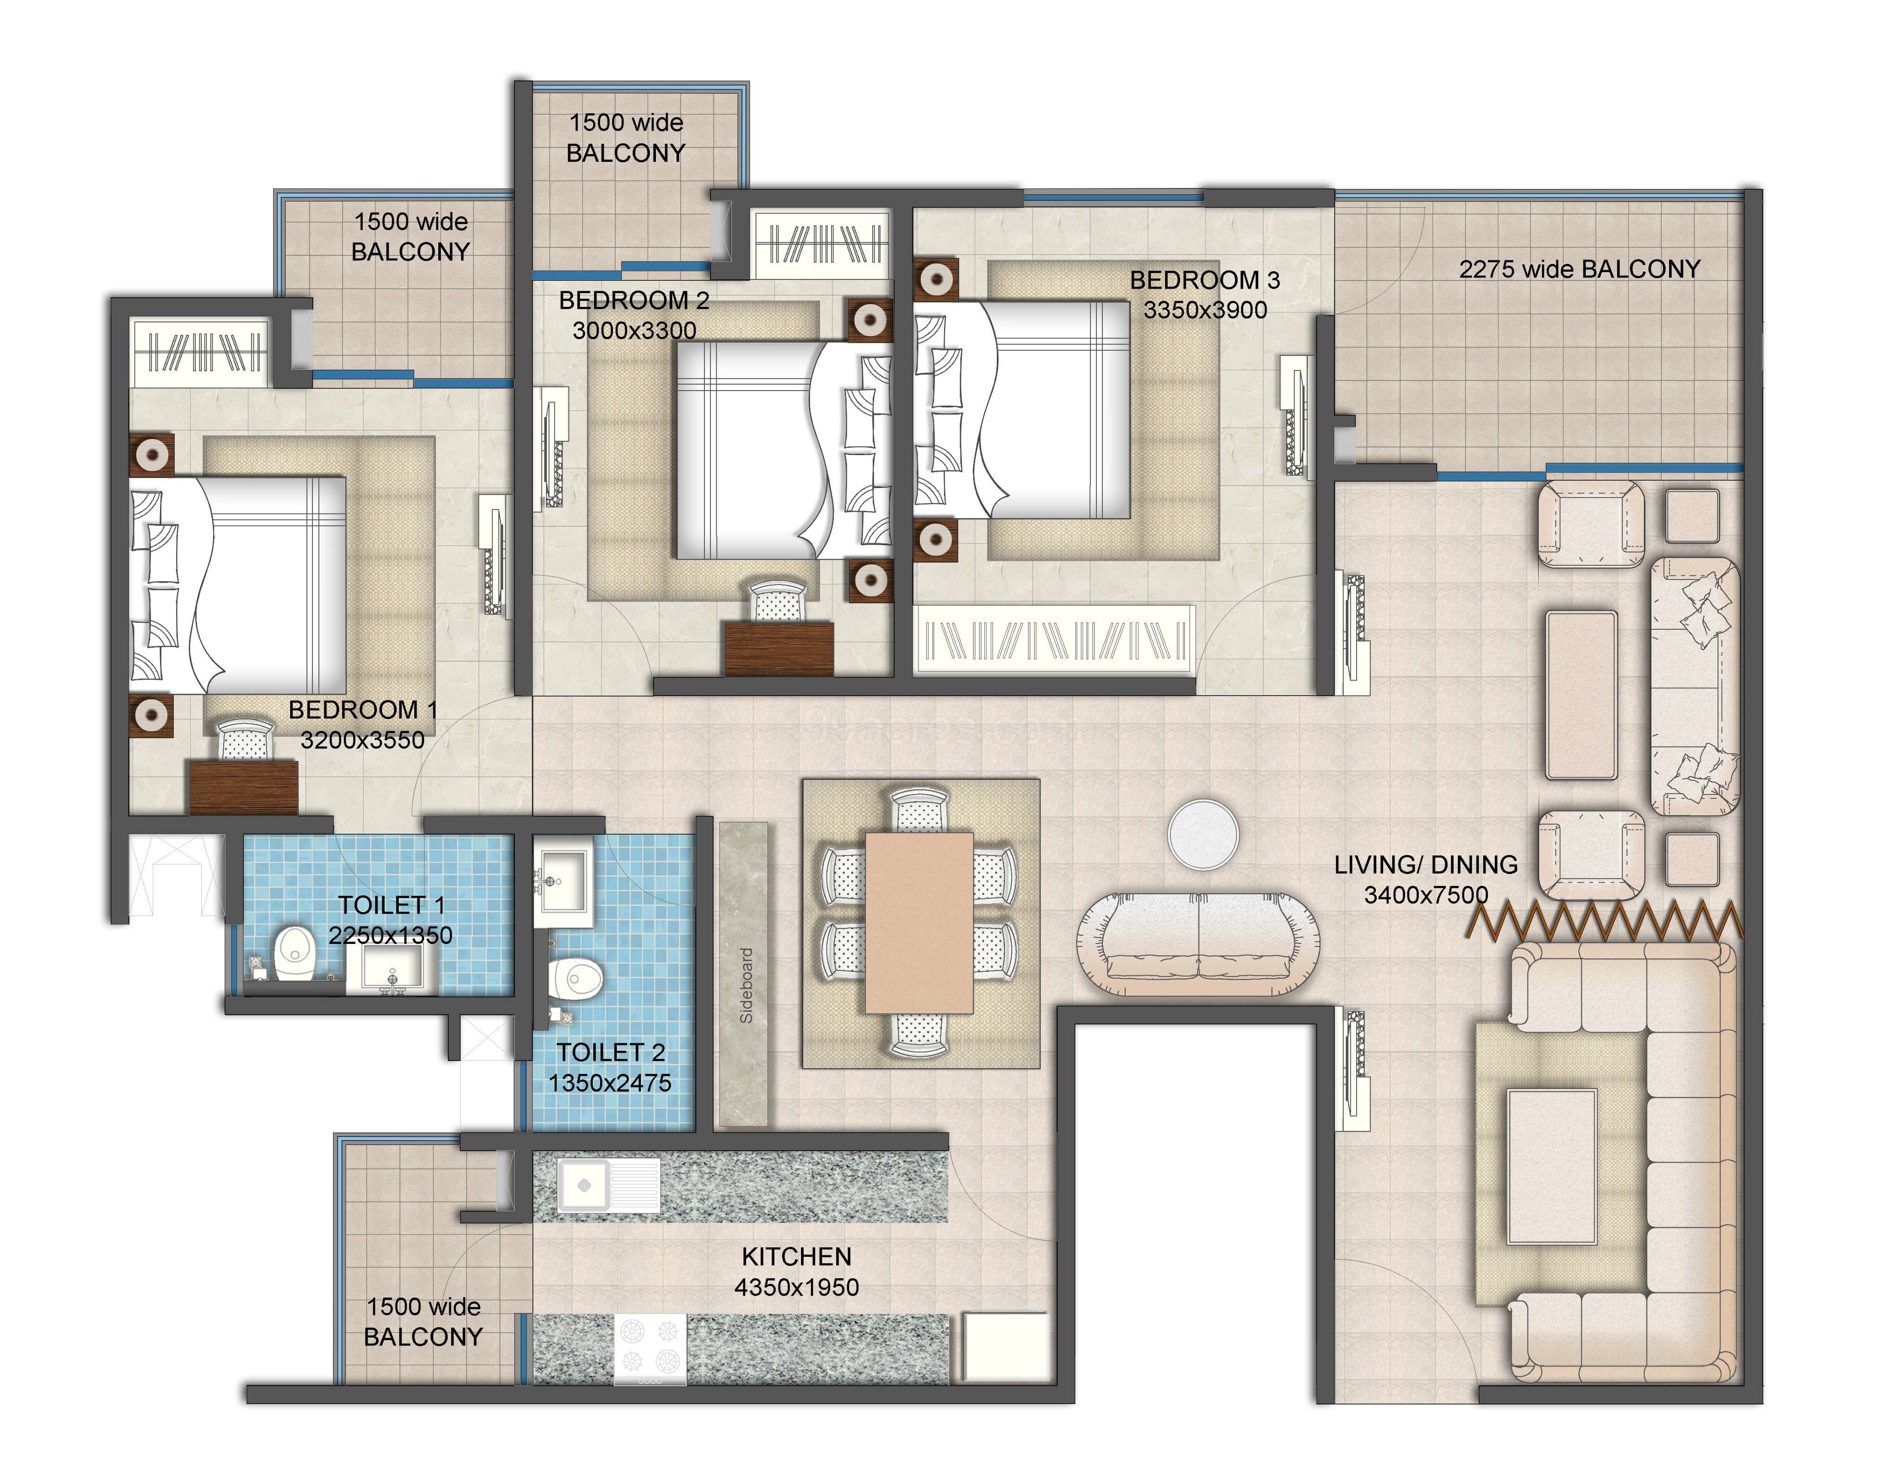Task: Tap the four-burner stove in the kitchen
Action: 650,1348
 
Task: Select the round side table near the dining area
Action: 1203,834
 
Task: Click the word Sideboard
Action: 746,986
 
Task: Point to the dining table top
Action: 919,922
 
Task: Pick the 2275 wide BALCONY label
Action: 1579,269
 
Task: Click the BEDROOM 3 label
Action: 1204,280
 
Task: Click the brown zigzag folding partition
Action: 1605,920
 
